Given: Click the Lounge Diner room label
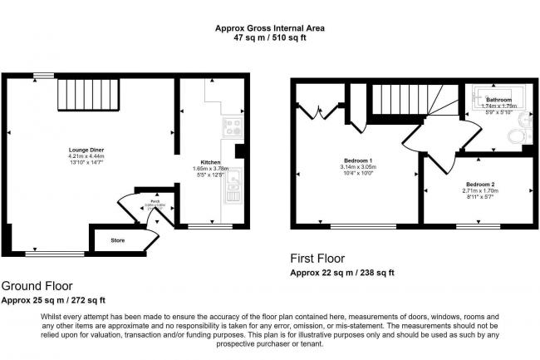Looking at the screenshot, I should [x=86, y=150].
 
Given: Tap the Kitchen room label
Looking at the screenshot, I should [x=210, y=162].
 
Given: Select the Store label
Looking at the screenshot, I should [x=120, y=240].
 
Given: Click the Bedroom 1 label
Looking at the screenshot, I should [x=358, y=160].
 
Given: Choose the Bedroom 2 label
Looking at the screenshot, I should [x=480, y=183].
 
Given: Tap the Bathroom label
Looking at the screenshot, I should [x=498, y=100].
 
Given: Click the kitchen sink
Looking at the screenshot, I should [x=233, y=185].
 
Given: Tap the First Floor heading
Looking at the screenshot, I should [x=317, y=259].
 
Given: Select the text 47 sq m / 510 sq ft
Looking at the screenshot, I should [x=270, y=37].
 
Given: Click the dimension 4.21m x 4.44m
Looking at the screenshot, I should [x=86, y=156].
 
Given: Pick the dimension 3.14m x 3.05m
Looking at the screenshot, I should [x=358, y=167].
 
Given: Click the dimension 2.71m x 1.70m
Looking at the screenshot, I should [x=480, y=190].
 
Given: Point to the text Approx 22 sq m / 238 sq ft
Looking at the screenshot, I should [x=341, y=273].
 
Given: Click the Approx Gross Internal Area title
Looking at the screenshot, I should [x=270, y=27].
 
